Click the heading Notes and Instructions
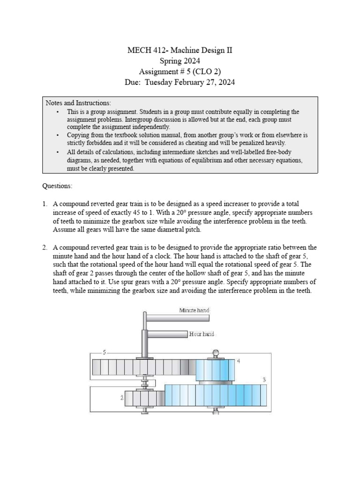coord(78,103)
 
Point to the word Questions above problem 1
coord(58,186)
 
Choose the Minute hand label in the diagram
coord(194,310)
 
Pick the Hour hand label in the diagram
coord(202,334)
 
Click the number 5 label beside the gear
coord(105,352)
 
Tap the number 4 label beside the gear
coord(239,361)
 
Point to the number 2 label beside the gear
coord(122,397)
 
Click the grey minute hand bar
coord(177,318)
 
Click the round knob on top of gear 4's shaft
coord(216,352)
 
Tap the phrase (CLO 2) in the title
coord(204,72)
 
